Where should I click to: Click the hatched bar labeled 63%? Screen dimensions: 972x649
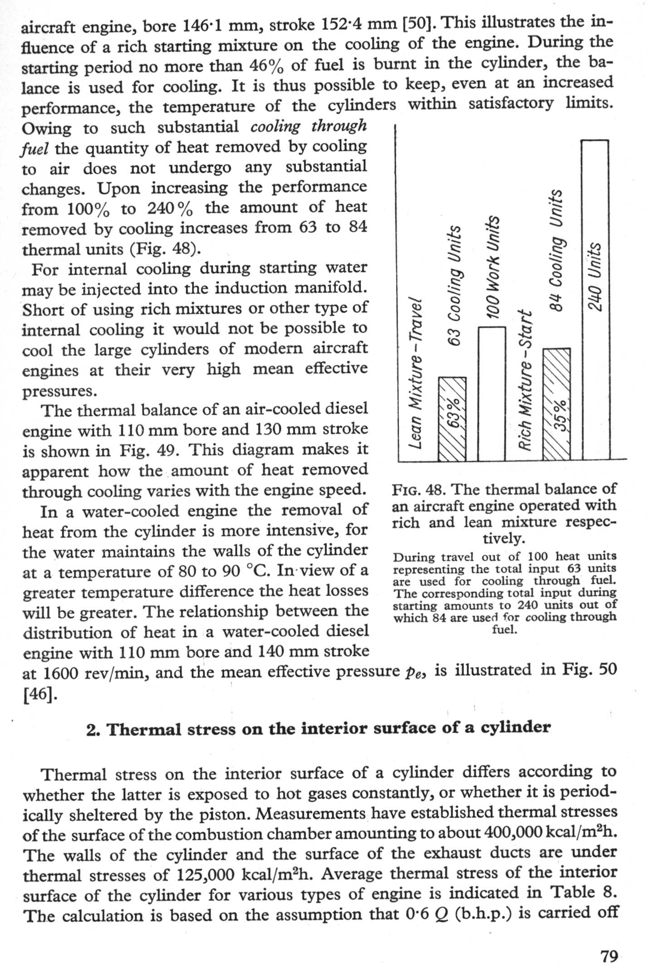tap(452, 418)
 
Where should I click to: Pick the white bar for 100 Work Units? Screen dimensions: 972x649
tap(492, 393)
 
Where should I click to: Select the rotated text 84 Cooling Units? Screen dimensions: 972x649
tap(556, 250)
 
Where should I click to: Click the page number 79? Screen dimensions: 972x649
tap(609, 956)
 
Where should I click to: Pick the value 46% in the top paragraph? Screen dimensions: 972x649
tap(266, 66)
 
